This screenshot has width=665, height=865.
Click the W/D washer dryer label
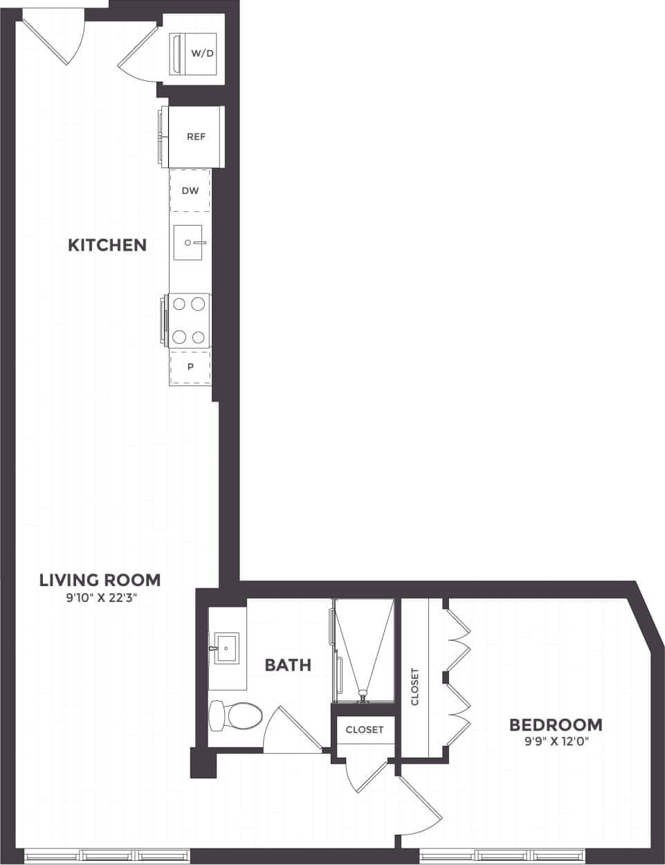pyautogui.click(x=202, y=53)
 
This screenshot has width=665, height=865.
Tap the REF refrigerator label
pyautogui.click(x=196, y=137)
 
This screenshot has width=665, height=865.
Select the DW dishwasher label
pyautogui.click(x=190, y=190)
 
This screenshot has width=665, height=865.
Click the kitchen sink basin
pyautogui.click(x=188, y=242)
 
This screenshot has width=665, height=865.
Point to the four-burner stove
pyautogui.click(x=189, y=320)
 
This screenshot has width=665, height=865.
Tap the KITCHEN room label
pyautogui.click(x=107, y=245)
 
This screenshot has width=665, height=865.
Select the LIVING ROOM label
pyautogui.click(x=100, y=580)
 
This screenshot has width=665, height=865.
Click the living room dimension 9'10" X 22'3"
pyautogui.click(x=100, y=599)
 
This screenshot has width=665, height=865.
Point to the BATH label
pyautogui.click(x=288, y=665)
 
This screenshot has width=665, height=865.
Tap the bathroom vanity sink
pyautogui.click(x=226, y=648)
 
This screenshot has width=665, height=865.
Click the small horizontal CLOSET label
pyautogui.click(x=364, y=729)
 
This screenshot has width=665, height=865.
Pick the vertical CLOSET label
pyautogui.click(x=415, y=686)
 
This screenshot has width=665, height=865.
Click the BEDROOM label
pyautogui.click(x=556, y=725)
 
